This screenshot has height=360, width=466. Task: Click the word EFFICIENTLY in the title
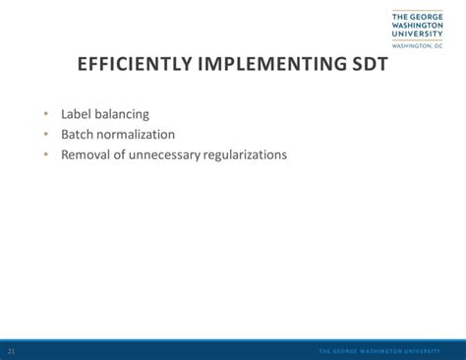137,66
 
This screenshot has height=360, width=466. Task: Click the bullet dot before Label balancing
46,114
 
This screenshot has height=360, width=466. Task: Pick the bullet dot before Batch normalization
46,135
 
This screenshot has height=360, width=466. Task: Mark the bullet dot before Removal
46,154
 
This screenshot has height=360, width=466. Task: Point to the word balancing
123,114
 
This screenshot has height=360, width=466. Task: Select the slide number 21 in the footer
11,351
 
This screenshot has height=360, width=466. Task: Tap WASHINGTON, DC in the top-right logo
417,45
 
